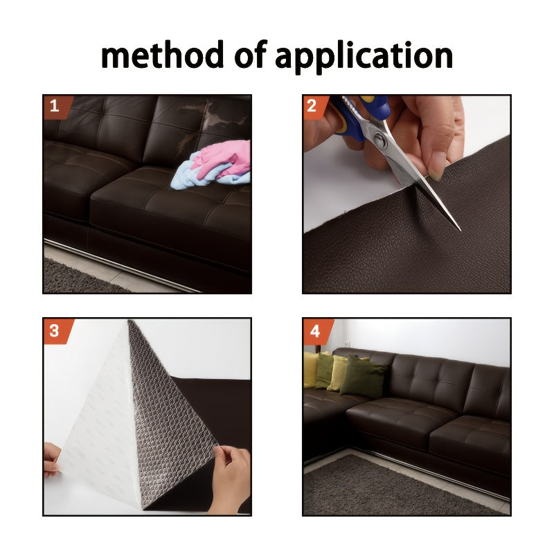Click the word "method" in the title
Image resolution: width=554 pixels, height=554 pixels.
pyautogui.click(x=162, y=55)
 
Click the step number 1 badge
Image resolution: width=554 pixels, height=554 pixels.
pyautogui.click(x=57, y=107)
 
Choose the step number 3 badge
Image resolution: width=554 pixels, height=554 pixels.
pyautogui.click(x=57, y=331)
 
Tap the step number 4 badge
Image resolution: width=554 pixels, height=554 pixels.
pyautogui.click(x=316, y=332)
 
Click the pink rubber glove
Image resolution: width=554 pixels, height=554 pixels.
pyautogui.click(x=224, y=158)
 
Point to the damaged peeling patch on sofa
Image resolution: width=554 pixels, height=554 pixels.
pyautogui.click(x=215, y=120)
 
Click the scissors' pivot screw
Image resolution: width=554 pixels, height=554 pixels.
pyautogui.click(x=380, y=139)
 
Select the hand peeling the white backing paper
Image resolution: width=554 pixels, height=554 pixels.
pyautogui.click(x=53, y=461)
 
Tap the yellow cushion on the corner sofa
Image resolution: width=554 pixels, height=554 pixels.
pyautogui.click(x=311, y=369)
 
